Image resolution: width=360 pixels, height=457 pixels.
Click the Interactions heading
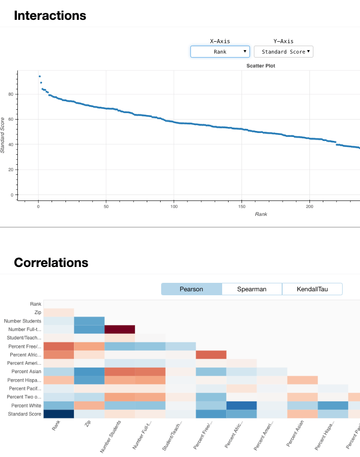(x=50, y=15)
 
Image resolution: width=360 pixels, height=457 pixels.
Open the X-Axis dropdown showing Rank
(x=220, y=52)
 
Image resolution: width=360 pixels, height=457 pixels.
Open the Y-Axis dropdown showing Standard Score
(x=283, y=52)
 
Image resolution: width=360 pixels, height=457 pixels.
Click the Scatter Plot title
(x=260, y=65)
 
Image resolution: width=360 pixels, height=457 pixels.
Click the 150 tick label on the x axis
(x=241, y=206)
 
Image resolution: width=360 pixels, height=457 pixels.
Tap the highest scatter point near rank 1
(x=40, y=76)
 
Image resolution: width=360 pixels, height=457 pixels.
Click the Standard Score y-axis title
(x=3, y=135)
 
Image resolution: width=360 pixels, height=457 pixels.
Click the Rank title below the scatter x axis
(x=261, y=214)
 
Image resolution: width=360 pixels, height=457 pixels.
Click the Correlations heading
(x=51, y=262)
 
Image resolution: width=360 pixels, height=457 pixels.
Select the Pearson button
(x=191, y=289)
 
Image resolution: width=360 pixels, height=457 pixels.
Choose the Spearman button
(x=252, y=289)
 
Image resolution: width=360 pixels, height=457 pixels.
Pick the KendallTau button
(x=312, y=289)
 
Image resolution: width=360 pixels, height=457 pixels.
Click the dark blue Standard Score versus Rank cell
(x=59, y=414)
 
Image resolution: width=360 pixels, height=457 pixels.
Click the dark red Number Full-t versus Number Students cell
(x=120, y=329)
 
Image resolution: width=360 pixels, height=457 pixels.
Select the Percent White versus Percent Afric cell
(x=241, y=405)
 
